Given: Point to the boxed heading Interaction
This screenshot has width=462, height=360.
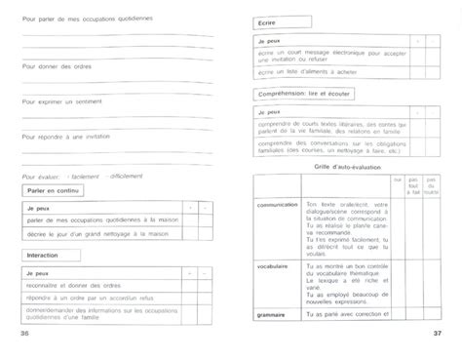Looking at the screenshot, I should pos(42,253).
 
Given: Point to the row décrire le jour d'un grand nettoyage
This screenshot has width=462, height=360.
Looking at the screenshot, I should pos(96,234).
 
